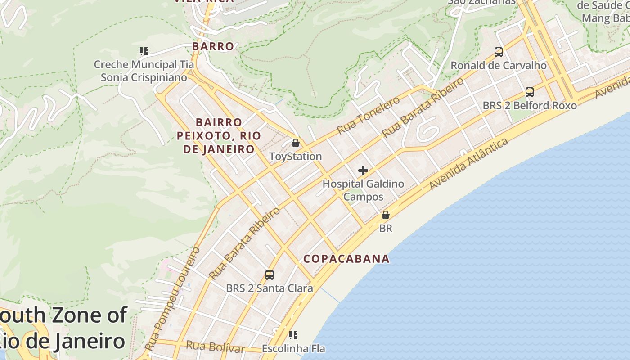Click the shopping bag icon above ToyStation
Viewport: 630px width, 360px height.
(296, 144)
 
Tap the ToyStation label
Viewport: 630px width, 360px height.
(295, 157)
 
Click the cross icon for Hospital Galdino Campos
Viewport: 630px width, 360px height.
(363, 171)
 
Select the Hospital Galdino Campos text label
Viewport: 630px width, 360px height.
(363, 190)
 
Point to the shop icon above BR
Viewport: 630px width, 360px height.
(385, 216)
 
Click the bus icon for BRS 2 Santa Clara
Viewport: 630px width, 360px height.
(270, 275)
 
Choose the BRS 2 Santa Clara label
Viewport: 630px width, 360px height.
(270, 288)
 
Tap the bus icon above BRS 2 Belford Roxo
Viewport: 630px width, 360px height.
(530, 92)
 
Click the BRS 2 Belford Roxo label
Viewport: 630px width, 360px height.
(530, 105)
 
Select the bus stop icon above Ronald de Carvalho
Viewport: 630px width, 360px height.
(499, 52)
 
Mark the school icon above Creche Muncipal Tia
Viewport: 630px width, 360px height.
(144, 51)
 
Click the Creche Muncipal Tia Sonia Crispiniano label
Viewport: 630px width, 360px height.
(144, 71)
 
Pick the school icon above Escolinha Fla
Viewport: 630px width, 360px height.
(293, 335)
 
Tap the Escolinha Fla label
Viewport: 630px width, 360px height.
(293, 349)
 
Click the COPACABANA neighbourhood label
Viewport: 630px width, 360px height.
(346, 259)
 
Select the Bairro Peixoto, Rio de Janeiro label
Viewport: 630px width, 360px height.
(219, 135)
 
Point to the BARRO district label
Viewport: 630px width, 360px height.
(213, 46)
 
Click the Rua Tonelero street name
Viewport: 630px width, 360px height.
(368, 115)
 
